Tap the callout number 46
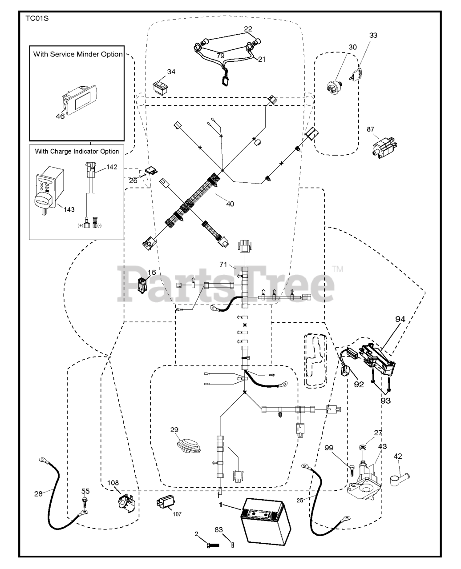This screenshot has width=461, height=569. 60,116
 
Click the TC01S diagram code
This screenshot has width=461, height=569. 35,20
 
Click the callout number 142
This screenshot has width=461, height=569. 112,167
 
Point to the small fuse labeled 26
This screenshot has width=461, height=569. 150,171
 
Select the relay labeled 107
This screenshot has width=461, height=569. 166,504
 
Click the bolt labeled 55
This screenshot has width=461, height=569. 85,501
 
